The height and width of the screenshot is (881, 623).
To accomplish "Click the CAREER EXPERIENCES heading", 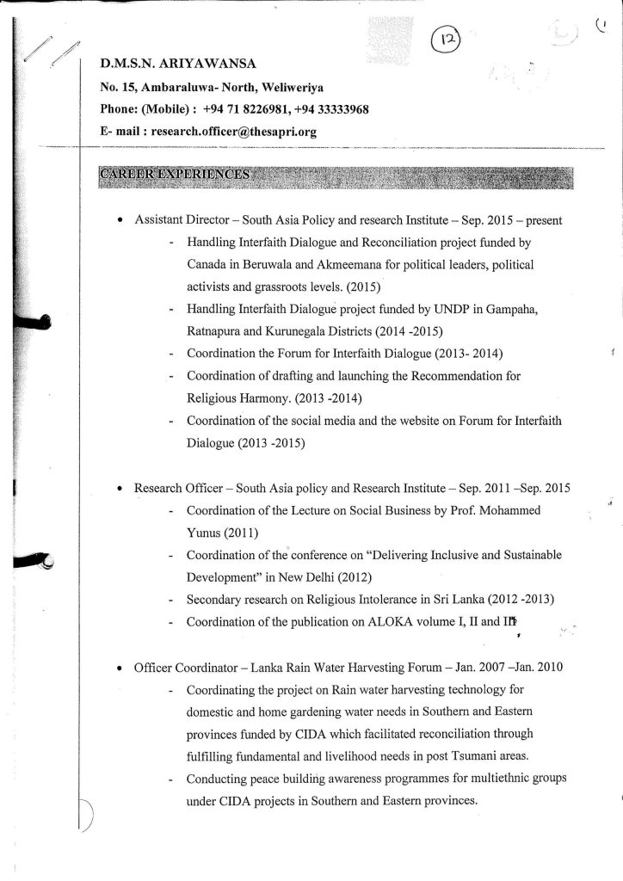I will click(x=176, y=175).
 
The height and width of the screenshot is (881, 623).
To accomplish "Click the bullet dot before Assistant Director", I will click(x=120, y=220).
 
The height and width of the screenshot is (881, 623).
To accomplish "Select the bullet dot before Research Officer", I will click(x=120, y=489).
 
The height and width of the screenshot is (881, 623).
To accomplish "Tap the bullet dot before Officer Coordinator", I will click(x=120, y=668).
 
